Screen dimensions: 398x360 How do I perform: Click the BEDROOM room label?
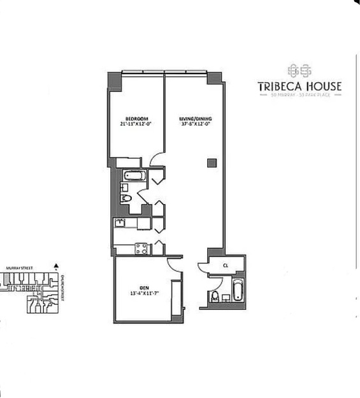click(137, 119)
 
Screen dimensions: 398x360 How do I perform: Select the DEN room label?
click(146, 288)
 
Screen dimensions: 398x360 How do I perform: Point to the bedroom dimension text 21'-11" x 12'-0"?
click(137, 125)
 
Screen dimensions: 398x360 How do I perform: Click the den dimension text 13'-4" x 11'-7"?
click(146, 295)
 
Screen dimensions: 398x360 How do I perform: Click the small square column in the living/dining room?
click(210, 163)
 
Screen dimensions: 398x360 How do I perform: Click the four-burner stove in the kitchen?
click(141, 249)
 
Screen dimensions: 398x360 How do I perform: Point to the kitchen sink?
click(119, 223)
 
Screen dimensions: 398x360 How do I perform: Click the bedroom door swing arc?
click(157, 159)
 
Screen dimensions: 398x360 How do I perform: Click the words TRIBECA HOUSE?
click(299, 86)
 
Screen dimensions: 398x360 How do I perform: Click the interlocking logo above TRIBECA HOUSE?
click(299, 69)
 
